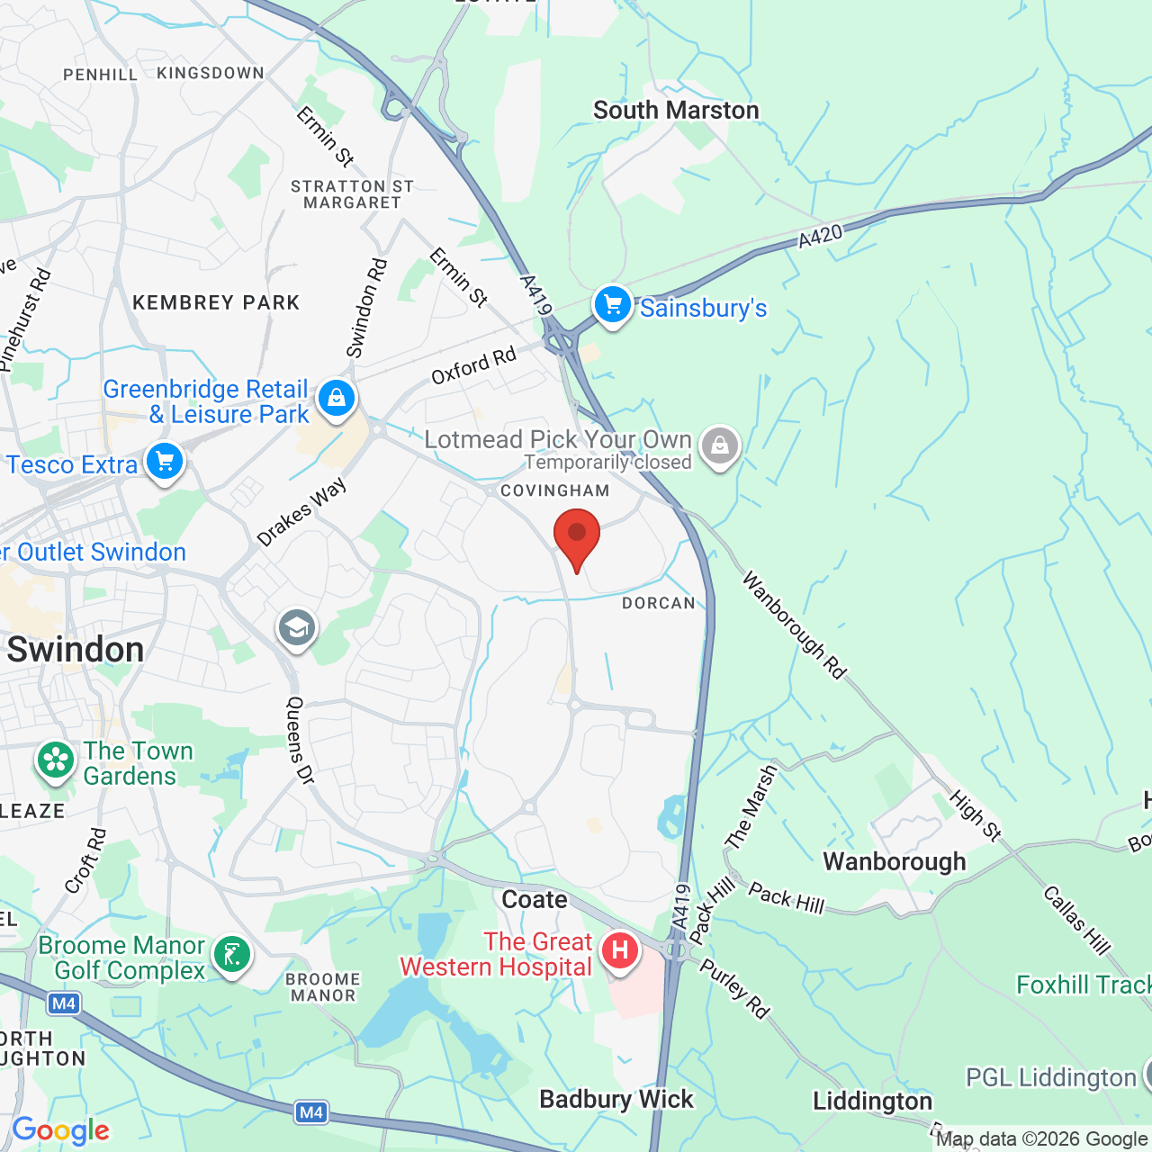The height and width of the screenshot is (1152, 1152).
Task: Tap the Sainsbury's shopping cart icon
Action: point(613,305)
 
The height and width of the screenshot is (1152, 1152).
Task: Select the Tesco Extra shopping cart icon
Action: point(165,462)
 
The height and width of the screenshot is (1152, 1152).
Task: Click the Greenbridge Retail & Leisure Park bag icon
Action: point(337,398)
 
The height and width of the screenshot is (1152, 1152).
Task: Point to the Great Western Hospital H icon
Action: point(620,950)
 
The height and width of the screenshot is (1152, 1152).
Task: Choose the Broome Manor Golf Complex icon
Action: point(232,954)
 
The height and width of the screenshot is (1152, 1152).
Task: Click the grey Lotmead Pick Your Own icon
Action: point(719,445)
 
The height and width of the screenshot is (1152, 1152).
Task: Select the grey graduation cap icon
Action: point(297,627)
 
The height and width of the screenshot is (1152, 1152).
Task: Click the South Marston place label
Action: point(676,111)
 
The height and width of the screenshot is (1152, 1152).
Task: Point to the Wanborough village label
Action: point(894,861)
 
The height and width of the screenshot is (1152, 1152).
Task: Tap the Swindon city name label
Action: point(76,650)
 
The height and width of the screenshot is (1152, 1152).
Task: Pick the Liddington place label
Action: point(872,1102)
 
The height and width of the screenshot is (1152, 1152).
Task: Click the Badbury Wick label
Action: point(616,1099)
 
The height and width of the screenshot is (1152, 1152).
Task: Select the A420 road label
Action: point(820,236)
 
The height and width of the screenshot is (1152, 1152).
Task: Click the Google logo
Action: point(60,1130)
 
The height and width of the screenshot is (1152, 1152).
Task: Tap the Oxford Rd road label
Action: point(473,364)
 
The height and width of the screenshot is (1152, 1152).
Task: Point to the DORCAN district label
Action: point(659,603)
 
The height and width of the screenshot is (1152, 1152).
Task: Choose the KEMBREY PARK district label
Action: point(216,302)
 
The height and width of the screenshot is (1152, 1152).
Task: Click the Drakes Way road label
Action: point(301,512)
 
